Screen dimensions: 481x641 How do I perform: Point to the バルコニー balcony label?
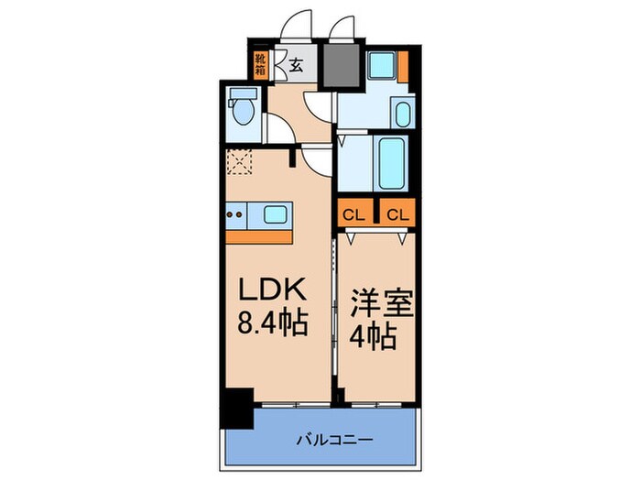[332, 440]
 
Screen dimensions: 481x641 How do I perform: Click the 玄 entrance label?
[298, 64]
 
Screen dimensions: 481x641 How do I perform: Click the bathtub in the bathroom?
[392, 163]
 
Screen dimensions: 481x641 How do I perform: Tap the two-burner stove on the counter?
[236, 216]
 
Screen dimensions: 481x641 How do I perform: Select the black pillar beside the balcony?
[237, 409]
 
